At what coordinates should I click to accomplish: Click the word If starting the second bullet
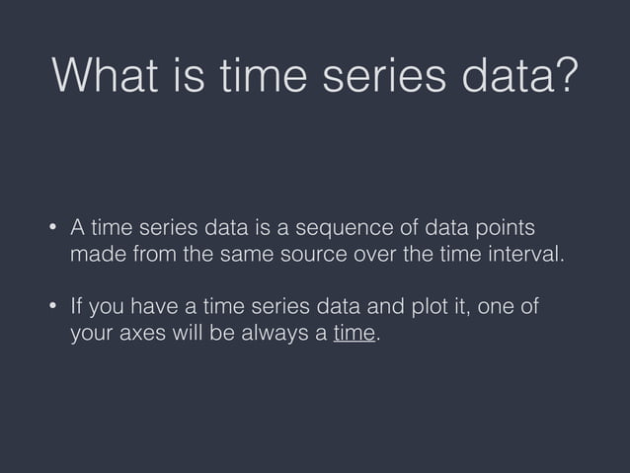click(x=76, y=306)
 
